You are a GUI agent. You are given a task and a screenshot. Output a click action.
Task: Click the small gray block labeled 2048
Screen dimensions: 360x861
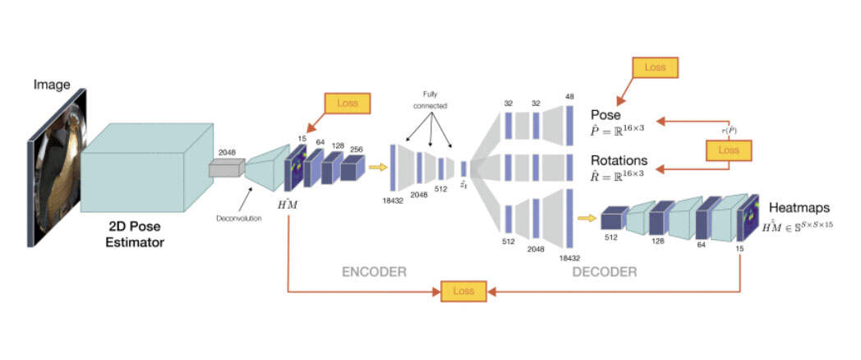click(x=226, y=168)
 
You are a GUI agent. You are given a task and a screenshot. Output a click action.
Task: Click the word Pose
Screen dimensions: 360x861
click(x=605, y=115)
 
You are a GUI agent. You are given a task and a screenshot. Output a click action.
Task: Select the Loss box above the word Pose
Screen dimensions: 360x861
click(x=654, y=67)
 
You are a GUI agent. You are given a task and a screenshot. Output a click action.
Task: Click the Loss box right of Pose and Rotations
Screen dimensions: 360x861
click(x=728, y=150)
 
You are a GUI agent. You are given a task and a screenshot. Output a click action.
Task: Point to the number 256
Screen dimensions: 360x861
click(x=357, y=149)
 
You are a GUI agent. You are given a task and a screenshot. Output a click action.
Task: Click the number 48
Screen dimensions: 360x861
click(x=569, y=96)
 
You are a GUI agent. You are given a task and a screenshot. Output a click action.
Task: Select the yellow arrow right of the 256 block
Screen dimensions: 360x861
click(x=377, y=168)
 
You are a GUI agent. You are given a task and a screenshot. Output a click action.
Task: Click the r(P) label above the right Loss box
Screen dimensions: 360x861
click(x=728, y=131)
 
